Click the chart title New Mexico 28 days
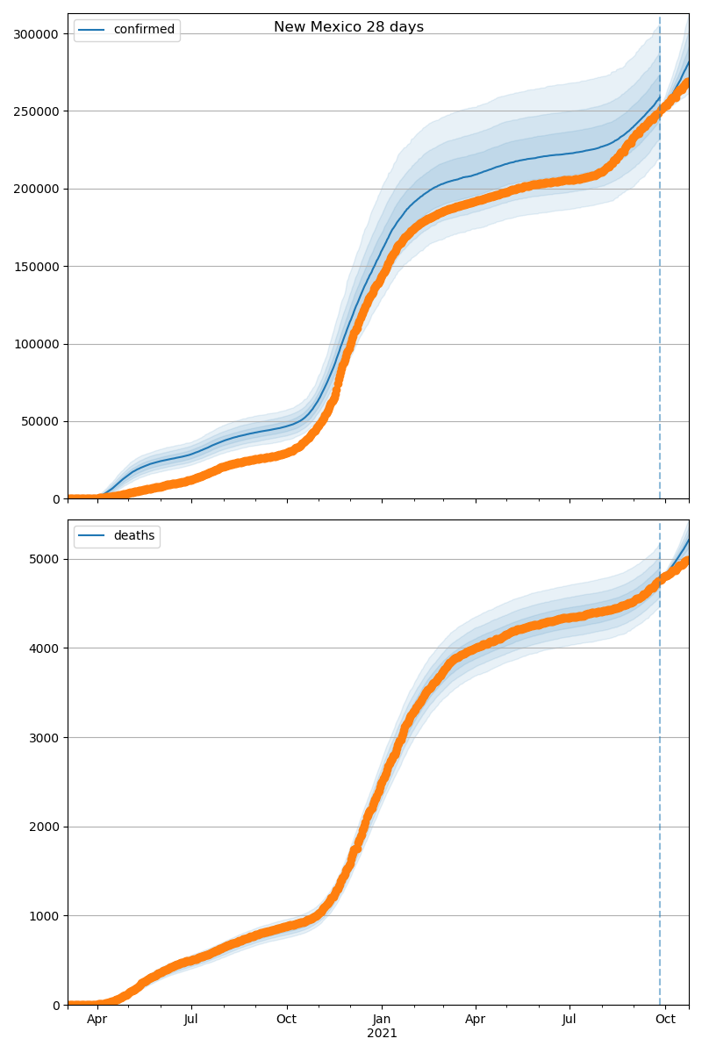point(348,27)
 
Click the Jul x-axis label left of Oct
point(190,1020)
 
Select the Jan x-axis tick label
point(382,1020)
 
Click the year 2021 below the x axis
point(382,1034)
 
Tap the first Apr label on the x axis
point(97,1020)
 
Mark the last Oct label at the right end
point(665,1020)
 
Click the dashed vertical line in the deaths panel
point(660,790)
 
